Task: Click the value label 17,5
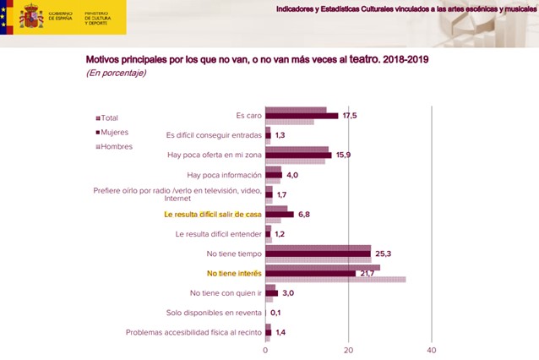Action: [350, 116]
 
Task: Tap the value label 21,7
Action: [367, 273]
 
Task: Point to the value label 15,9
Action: [343, 155]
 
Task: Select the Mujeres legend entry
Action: [113, 132]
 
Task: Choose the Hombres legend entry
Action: [114, 146]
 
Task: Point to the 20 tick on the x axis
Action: [349, 350]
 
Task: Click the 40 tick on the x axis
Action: [432, 350]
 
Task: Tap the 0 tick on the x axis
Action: [266, 350]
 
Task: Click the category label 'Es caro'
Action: [248, 115]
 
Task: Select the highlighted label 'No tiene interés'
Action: [234, 273]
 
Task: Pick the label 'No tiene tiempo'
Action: [231, 253]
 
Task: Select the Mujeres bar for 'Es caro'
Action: [302, 116]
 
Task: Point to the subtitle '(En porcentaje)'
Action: [116, 74]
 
